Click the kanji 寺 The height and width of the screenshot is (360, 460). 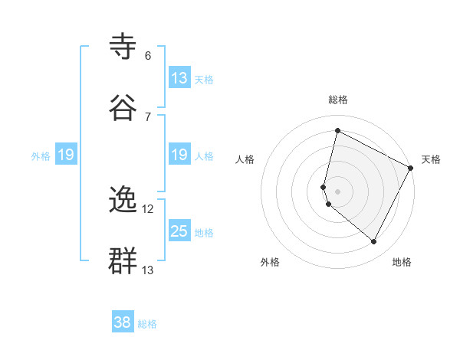124,47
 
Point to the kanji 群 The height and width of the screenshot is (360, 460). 124,261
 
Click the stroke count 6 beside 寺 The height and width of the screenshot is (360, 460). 147,56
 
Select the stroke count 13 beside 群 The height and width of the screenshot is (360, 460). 148,270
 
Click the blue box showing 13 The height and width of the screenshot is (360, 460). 179,78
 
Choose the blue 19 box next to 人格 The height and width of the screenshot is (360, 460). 179,155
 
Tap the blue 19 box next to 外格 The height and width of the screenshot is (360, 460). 66,155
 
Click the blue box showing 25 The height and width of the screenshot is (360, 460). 179,231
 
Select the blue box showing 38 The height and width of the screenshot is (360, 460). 123,323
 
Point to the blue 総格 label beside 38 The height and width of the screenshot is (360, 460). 147,324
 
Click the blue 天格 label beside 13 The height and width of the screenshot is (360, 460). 204,79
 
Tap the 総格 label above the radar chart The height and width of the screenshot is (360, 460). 338,100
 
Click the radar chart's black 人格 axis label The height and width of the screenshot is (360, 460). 245,159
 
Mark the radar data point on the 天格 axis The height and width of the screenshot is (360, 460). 411,168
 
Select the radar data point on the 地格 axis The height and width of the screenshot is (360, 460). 374,242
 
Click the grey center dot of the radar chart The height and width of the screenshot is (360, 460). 338,191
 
